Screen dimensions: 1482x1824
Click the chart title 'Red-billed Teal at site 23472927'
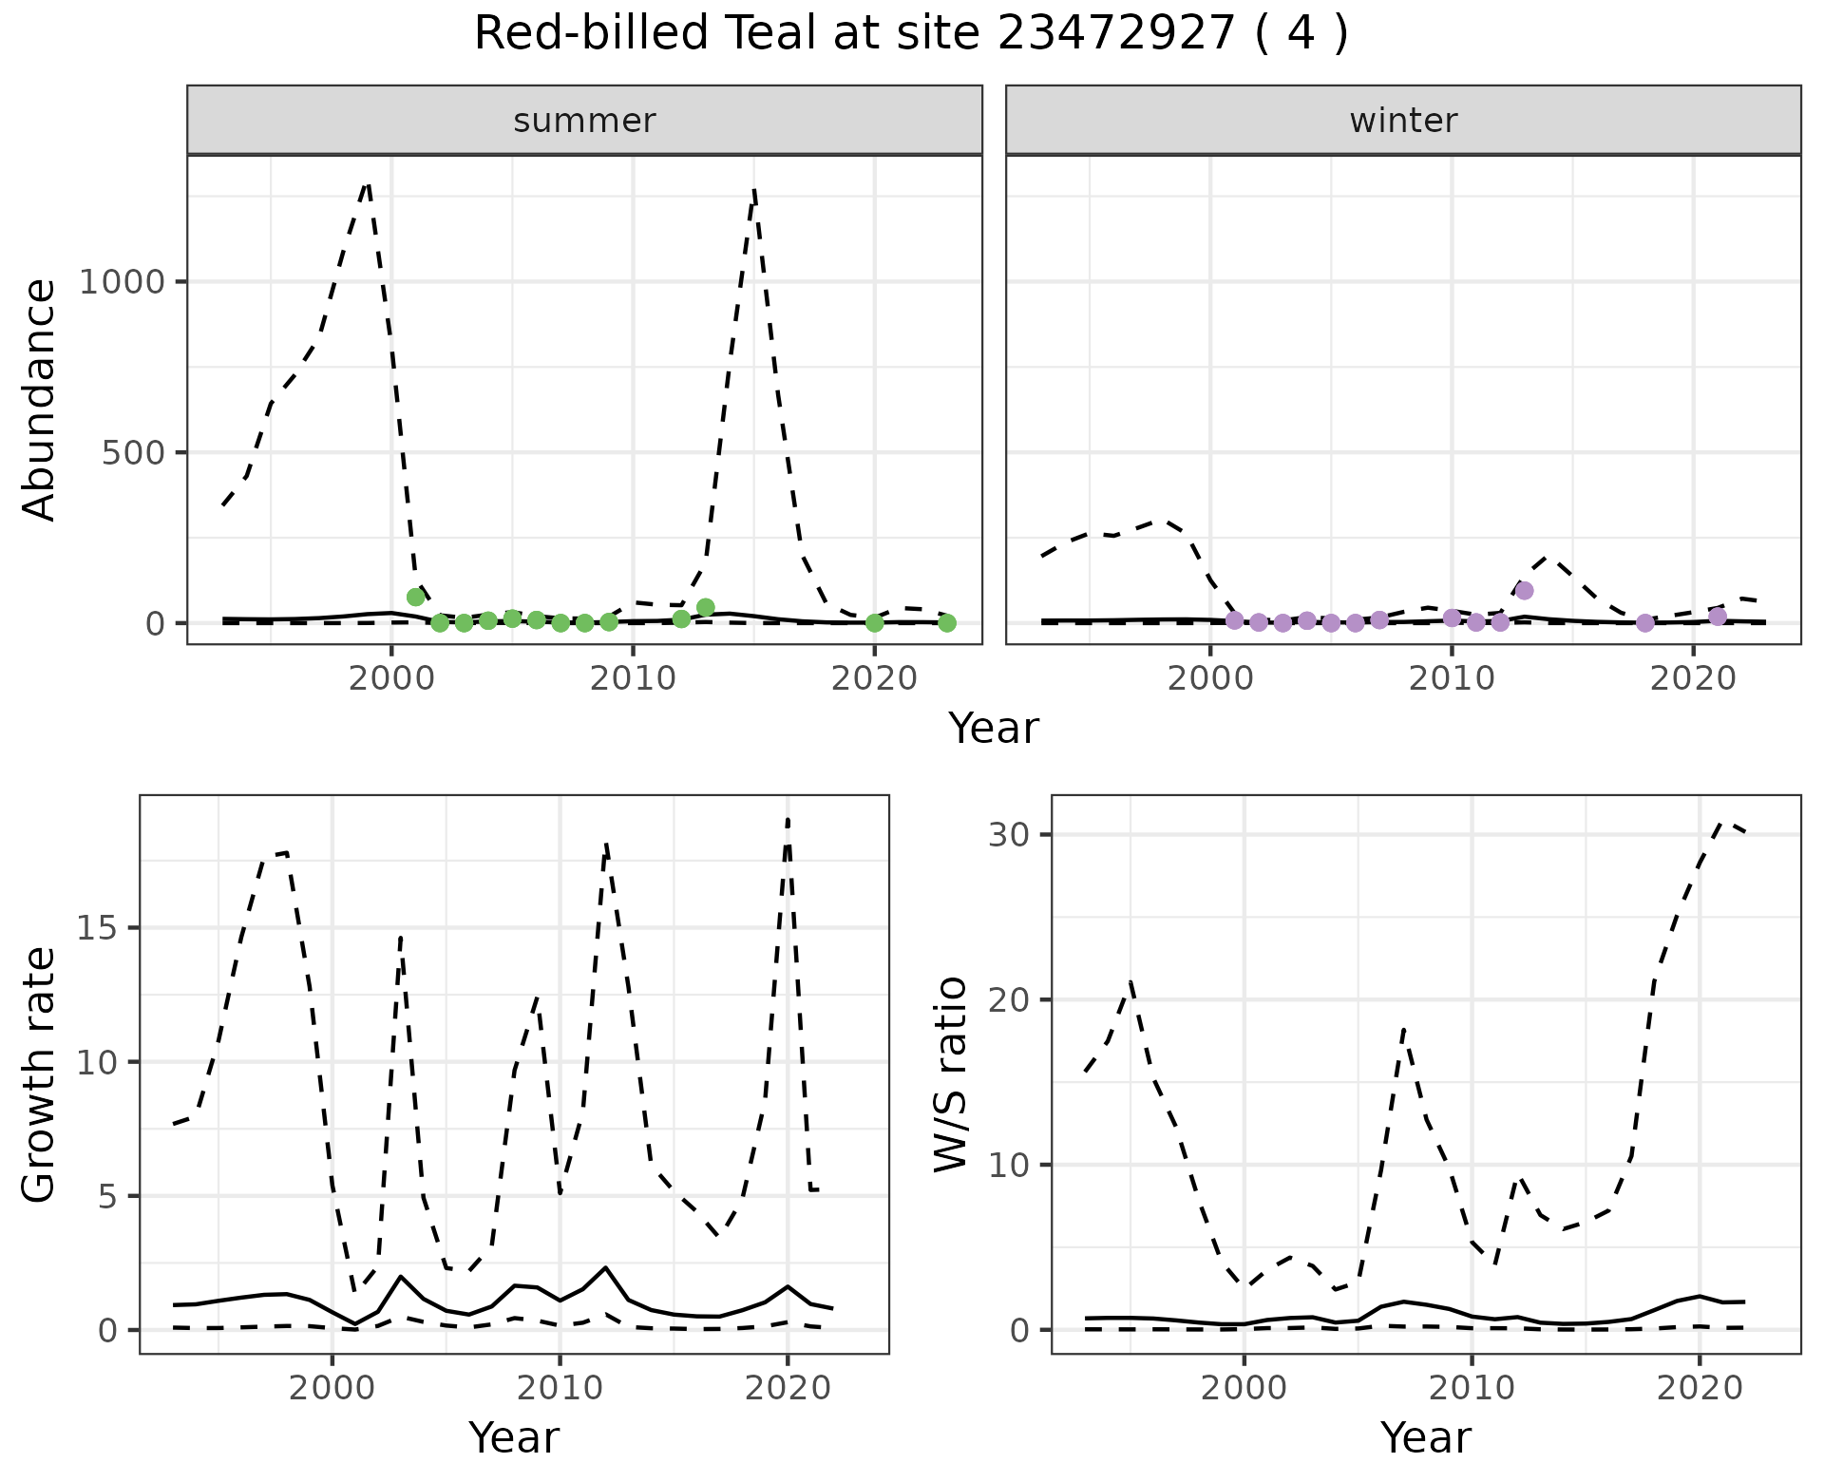tap(910, 34)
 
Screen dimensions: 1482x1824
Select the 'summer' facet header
tap(584, 121)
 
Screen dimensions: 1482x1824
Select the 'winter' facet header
tap(1403, 121)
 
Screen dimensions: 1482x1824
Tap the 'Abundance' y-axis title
tap(40, 399)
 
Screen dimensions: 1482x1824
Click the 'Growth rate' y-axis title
tap(40, 1073)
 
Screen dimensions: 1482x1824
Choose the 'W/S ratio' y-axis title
tap(950, 1073)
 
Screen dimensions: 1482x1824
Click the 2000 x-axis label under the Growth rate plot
tap(332, 1388)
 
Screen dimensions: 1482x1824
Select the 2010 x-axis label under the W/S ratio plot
tap(1472, 1388)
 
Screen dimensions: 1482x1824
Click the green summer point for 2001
tap(415, 597)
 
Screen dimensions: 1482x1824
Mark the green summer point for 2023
tap(947, 622)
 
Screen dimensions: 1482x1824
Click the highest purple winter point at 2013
tap(1525, 590)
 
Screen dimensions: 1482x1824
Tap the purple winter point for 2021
tap(1718, 617)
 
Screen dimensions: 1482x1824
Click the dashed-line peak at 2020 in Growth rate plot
tap(788, 819)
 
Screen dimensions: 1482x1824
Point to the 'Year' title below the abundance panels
tap(993, 729)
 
